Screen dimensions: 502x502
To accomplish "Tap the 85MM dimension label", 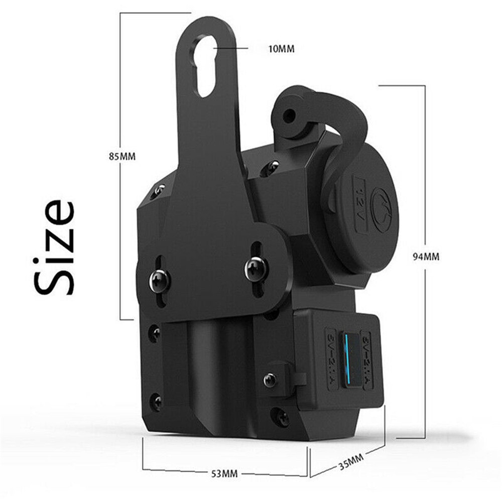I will point(122,156).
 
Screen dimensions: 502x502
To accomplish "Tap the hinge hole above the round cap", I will point(290,117).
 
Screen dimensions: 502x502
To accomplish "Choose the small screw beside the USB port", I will point(271,380).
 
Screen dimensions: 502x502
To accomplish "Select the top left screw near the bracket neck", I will point(159,189).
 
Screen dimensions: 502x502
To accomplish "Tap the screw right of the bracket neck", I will point(272,165).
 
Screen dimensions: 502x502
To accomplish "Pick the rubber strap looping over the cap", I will point(346,125).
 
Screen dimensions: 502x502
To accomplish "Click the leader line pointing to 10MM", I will point(231,49).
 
